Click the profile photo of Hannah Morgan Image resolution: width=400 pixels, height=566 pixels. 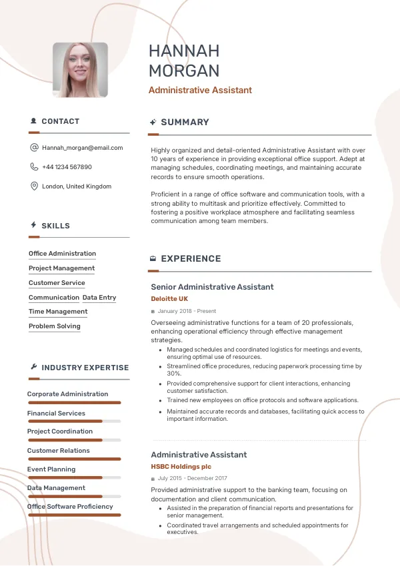point(80,71)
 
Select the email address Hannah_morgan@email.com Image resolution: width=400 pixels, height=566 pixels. point(82,148)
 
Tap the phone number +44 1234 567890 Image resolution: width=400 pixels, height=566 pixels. point(67,167)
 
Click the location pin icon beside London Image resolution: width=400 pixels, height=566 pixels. point(34,186)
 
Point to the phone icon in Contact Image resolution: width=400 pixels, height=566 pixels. point(34,167)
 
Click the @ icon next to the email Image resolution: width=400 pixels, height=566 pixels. point(34,148)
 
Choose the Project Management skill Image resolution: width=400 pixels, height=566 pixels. point(61,268)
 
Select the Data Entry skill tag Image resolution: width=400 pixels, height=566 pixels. point(99,298)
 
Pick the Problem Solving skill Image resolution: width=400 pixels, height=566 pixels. point(54,326)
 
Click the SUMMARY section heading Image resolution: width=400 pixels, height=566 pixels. point(185,123)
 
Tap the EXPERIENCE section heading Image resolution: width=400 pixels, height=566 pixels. point(191,259)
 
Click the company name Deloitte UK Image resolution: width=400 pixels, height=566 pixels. point(169,299)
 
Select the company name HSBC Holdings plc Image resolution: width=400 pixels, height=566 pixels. point(181,467)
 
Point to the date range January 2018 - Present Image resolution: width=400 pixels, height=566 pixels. point(187,311)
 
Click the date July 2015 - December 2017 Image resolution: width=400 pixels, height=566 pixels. point(192,478)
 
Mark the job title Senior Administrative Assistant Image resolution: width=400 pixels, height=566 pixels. point(212,287)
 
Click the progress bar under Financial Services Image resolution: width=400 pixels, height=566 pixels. point(74,422)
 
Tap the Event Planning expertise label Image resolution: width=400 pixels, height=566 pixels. point(51,469)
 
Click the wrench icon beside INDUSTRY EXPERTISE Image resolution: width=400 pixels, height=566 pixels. point(33,368)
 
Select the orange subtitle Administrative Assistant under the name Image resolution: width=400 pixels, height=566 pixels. point(200,91)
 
